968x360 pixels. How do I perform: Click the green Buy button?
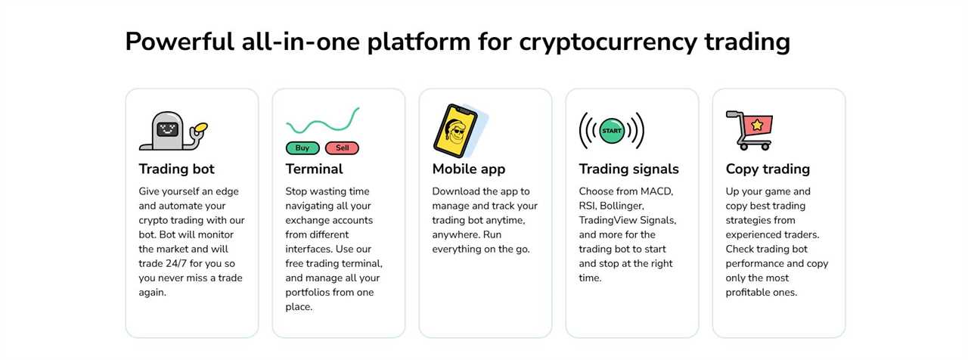pyautogui.click(x=302, y=147)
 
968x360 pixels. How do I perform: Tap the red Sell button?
pyautogui.click(x=342, y=147)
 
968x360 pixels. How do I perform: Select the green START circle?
pyautogui.click(x=612, y=131)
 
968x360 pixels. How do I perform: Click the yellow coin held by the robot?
pyautogui.click(x=201, y=128)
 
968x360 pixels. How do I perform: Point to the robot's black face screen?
pyautogui.click(x=167, y=129)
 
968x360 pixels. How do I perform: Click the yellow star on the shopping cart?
pyautogui.click(x=757, y=125)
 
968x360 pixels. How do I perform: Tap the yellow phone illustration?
pyautogui.click(x=455, y=131)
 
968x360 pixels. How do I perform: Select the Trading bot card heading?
pyautogui.click(x=176, y=169)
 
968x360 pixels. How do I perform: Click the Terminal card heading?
pyautogui.click(x=314, y=169)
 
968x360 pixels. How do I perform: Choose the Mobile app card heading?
pyautogui.click(x=468, y=169)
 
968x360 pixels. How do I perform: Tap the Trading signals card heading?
pyautogui.click(x=628, y=169)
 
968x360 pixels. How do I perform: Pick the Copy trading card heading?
pyautogui.click(x=768, y=169)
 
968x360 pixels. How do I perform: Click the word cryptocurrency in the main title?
pyautogui.click(x=608, y=42)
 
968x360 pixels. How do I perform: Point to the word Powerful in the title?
pyautogui.click(x=179, y=42)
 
